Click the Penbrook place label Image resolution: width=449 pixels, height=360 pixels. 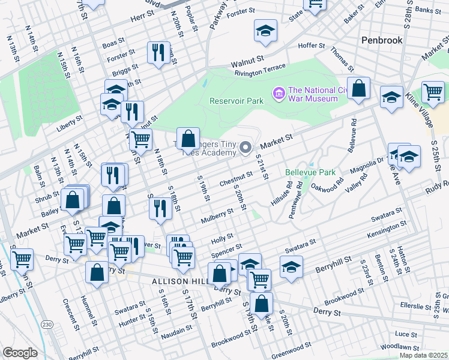381,40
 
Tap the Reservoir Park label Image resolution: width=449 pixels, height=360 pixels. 237,101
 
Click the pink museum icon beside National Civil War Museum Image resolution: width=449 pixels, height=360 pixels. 279,93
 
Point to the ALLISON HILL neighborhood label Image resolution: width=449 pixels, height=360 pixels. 179,281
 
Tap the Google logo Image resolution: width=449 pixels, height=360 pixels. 20,353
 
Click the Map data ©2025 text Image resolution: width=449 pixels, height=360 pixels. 424,355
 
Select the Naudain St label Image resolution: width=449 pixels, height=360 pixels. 176,328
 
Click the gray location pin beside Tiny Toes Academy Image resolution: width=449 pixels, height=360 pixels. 245,147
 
